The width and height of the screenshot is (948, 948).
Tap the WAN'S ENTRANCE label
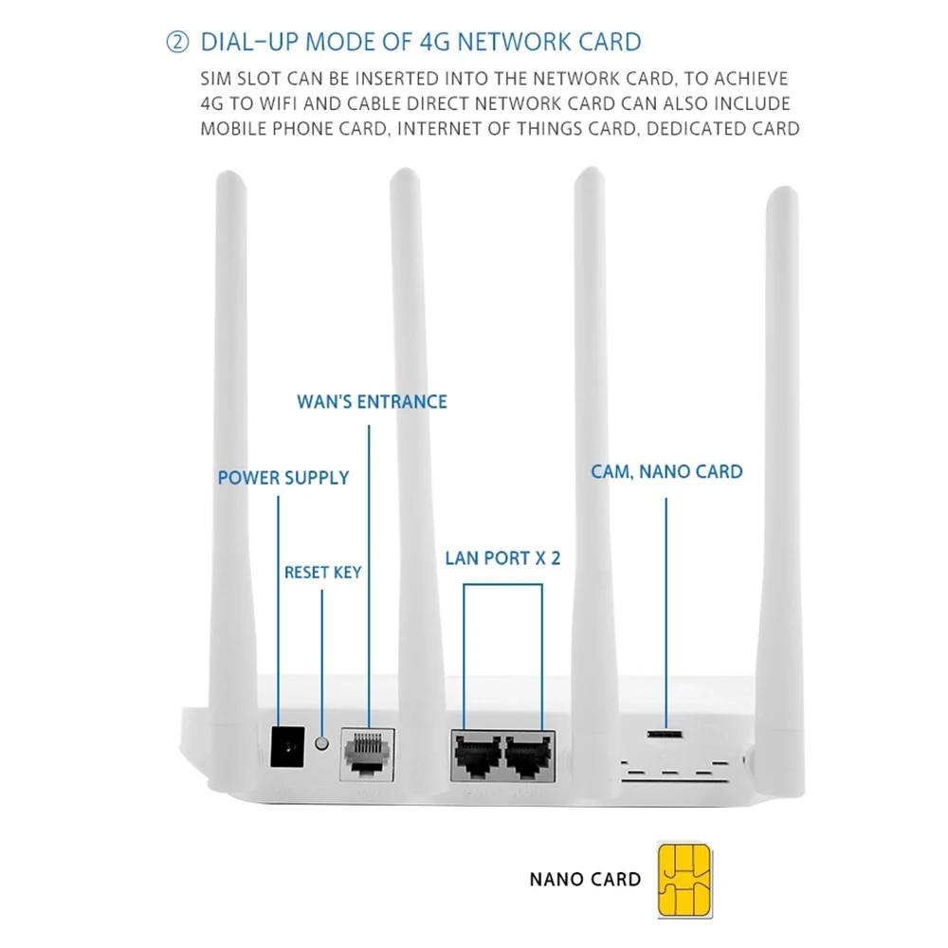click(x=372, y=401)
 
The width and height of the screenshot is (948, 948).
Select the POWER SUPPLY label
click(x=283, y=478)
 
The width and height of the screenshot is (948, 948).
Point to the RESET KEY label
click(x=322, y=573)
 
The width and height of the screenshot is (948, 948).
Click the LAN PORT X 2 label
click(x=502, y=557)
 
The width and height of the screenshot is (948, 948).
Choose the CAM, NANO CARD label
click(x=666, y=471)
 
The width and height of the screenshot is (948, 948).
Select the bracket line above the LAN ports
click(x=502, y=585)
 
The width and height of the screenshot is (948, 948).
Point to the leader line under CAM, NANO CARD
click(x=665, y=607)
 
